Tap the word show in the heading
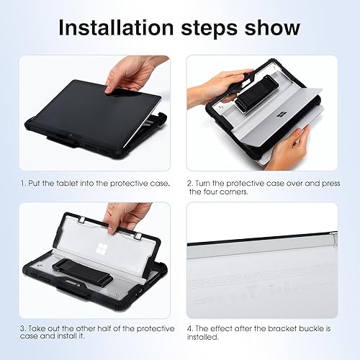(269, 28)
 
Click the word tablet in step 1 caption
(82, 184)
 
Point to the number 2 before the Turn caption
(191, 184)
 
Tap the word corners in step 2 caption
(234, 192)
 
